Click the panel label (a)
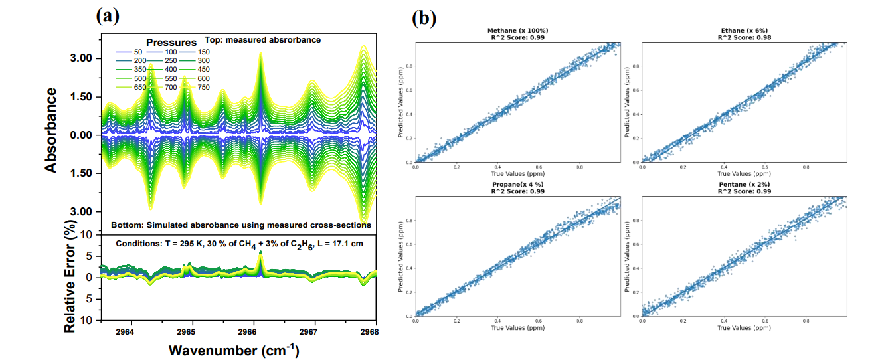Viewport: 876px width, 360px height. pyautogui.click(x=107, y=15)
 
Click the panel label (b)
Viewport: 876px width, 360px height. pyautogui.click(x=423, y=18)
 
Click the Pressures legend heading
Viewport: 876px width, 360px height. pyautogui.click(x=171, y=43)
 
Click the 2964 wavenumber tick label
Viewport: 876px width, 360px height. pyautogui.click(x=125, y=331)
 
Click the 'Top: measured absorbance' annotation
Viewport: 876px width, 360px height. pyautogui.click(x=272, y=40)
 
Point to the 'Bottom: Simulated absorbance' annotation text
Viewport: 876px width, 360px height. pyautogui.click(x=240, y=225)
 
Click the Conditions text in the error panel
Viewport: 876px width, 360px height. pyautogui.click(x=239, y=243)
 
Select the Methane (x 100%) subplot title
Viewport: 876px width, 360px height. pyautogui.click(x=517, y=31)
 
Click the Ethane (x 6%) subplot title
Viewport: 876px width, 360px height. pyautogui.click(x=743, y=31)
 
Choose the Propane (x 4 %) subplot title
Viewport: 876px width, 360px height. pyautogui.click(x=517, y=184)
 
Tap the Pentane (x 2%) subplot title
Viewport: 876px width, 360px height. pyautogui.click(x=743, y=184)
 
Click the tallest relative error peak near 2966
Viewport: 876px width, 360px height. pyautogui.click(x=260, y=253)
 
